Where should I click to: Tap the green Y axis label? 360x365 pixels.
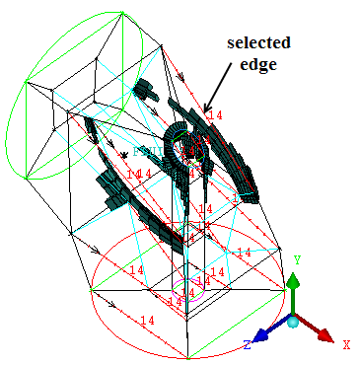coord(296,259)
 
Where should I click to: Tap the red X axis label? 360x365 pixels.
coord(346,344)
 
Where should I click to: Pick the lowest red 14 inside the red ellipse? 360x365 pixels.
coord(147,321)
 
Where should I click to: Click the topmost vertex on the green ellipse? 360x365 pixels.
coord(125,15)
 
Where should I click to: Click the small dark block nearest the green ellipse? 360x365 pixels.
coord(147,90)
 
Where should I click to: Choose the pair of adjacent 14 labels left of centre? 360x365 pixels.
coord(137,174)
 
